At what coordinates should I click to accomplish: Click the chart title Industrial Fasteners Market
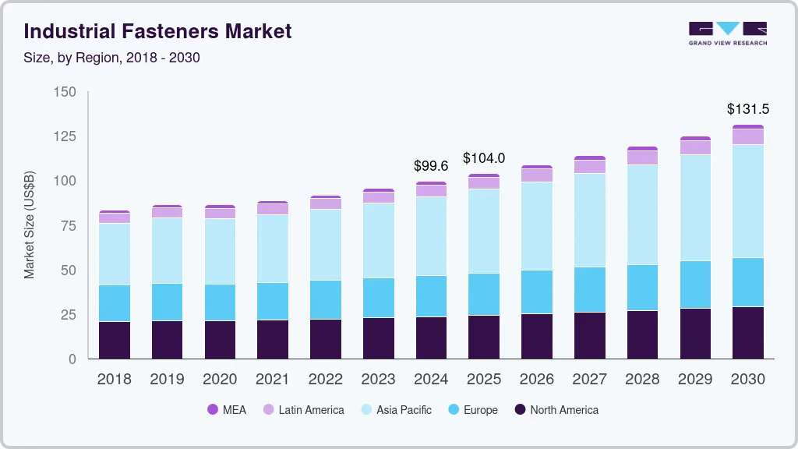[158, 31]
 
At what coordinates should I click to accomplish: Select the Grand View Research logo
[728, 33]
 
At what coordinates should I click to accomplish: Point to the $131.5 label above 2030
[747, 108]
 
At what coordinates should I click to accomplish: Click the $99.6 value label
[431, 165]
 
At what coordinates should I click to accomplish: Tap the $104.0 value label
[484, 158]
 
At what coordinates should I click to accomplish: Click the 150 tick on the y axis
[66, 92]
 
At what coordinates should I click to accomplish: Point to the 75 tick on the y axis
[69, 226]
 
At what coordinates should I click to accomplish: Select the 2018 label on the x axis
[114, 380]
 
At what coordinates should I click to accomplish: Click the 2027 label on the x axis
[590, 380]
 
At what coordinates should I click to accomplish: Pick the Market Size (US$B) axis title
[30, 224]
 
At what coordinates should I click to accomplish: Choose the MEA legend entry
[227, 409]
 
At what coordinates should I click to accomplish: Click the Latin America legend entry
[303, 409]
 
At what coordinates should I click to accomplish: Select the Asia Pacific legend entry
[396, 409]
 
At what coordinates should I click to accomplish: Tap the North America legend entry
[556, 409]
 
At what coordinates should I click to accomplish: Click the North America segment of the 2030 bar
[748, 333]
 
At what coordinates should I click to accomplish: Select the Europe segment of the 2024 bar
[431, 296]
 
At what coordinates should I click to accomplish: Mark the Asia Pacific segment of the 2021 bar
[273, 249]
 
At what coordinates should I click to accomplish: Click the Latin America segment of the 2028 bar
[642, 157]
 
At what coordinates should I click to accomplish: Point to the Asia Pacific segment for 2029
[695, 208]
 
